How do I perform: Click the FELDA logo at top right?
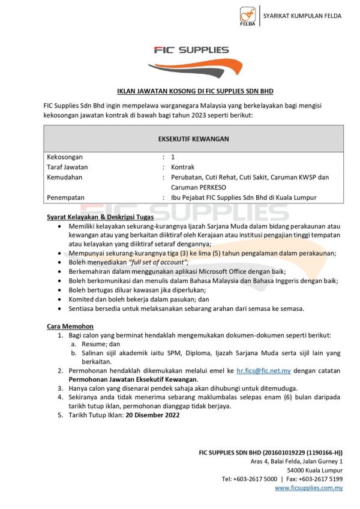(248, 16)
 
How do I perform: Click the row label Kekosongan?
(65, 157)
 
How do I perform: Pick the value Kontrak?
(182, 167)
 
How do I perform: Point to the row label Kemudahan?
(64, 177)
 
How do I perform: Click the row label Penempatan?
(65, 197)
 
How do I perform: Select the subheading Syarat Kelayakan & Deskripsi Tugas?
(100, 216)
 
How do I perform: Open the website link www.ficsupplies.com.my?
(308, 488)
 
